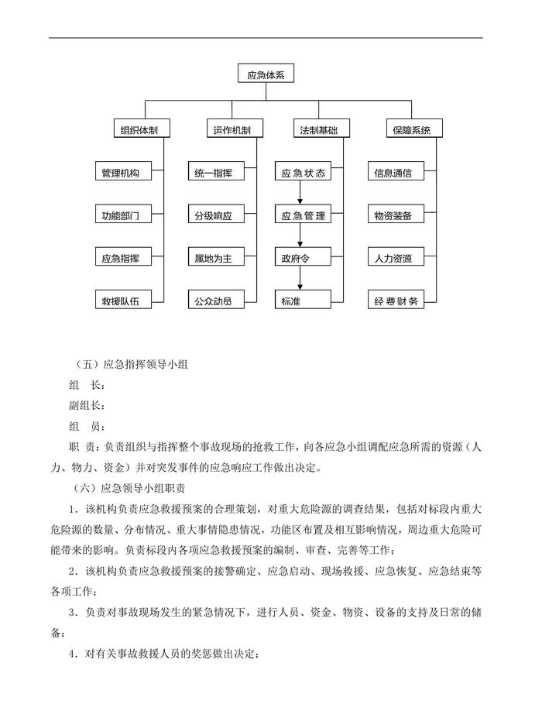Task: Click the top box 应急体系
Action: [266, 75]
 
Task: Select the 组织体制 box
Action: [140, 129]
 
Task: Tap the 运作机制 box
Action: [232, 129]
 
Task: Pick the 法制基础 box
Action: [319, 129]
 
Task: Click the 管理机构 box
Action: [121, 174]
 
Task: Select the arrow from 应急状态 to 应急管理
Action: [298, 195]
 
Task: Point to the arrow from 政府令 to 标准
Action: [298, 280]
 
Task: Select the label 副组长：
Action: [87, 405]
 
